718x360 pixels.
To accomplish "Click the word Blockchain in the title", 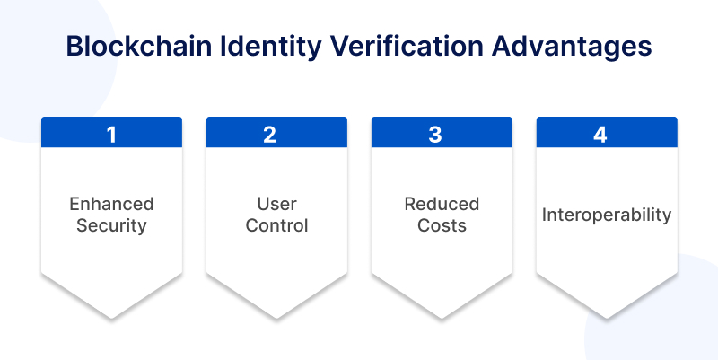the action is coord(139,47).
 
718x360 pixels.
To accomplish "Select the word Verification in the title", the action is coord(407,47).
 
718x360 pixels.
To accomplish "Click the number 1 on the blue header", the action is coord(111,135).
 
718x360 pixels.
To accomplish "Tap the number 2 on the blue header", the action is coord(270,135).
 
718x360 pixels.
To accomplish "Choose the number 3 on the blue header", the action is coord(435,135).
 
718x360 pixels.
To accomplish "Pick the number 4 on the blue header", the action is coord(600,135).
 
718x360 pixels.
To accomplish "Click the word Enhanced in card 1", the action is coord(111,204).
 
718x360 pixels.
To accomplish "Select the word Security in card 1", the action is coord(111,226).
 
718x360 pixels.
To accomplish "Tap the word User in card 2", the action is coord(276,204).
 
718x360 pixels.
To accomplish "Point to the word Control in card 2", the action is coord(276,225).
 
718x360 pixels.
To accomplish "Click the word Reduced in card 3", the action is coord(442,204).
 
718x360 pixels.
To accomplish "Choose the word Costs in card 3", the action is coord(442,225).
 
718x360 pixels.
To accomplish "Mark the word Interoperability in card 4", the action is coord(607,215).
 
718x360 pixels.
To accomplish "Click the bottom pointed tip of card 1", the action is coord(111,318).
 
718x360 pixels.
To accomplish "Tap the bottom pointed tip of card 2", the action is coord(276,318).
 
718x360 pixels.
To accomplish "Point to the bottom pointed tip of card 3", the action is coord(442,318).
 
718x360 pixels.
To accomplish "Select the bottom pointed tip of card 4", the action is coord(607,318).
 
